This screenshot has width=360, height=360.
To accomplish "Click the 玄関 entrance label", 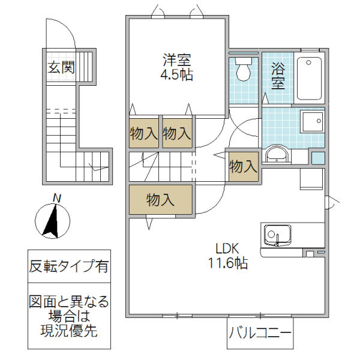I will [61, 67].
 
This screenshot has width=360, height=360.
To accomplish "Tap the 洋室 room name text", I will [177, 61].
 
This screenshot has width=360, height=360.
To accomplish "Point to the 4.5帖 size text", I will [177, 76].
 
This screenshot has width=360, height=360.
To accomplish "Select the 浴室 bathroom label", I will [277, 76].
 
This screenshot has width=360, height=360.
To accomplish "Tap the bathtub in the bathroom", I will [310, 78].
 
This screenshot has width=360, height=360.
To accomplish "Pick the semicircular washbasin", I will [276, 154].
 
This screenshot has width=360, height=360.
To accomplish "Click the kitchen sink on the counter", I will [277, 234].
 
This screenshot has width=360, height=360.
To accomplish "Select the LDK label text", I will [228, 248].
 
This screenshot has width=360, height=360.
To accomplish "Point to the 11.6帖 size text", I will [228, 262].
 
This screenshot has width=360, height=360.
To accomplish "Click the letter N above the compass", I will [56, 197].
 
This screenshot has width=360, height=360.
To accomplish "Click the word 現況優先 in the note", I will [69, 329].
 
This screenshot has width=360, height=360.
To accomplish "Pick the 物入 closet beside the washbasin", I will [243, 165].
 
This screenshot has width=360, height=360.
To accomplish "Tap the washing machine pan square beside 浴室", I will [312, 123].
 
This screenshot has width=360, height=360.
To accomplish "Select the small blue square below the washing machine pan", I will [317, 158].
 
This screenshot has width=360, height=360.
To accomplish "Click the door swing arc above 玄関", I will [63, 33].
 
